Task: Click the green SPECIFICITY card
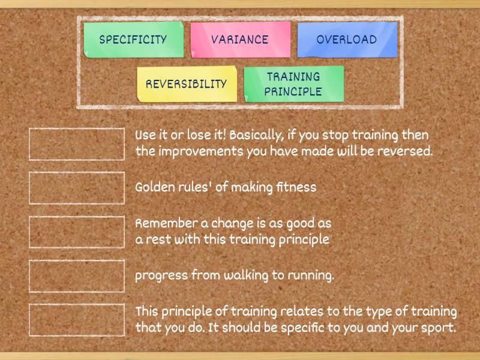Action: [133, 40]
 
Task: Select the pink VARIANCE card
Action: [240, 40]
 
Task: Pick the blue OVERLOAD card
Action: [347, 40]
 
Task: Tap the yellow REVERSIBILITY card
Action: [187, 84]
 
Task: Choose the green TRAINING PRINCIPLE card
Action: [293, 84]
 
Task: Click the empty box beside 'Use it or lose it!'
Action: [77, 144]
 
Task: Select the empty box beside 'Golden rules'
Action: [77, 188]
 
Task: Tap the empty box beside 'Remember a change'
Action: [77, 232]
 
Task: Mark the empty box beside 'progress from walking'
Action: [77, 276]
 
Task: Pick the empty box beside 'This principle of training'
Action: [77, 320]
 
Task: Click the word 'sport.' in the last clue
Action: [439, 328]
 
